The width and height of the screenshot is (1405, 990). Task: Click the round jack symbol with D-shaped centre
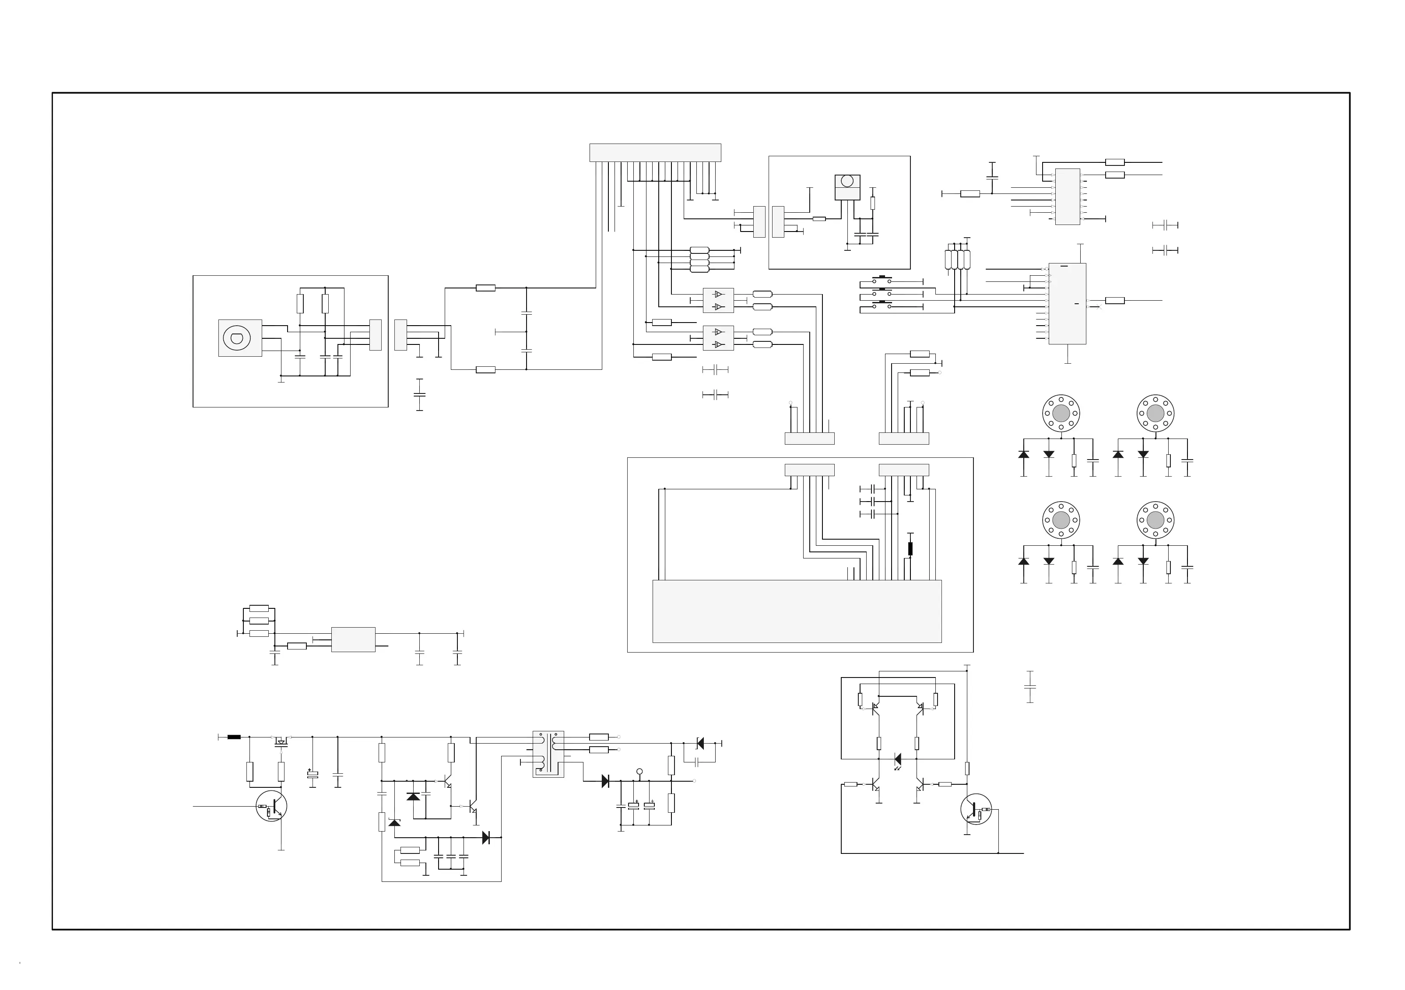237,338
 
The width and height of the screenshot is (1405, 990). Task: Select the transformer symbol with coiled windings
548,754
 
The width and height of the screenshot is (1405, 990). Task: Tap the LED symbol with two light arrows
898,760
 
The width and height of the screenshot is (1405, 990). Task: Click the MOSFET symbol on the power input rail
281,741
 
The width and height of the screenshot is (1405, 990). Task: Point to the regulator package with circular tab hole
847,187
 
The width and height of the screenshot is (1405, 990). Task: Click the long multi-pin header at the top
655,152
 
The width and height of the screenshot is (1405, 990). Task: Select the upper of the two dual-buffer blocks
718,300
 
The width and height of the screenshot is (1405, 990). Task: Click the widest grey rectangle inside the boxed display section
797,611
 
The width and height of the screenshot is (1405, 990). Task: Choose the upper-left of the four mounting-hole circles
1061,414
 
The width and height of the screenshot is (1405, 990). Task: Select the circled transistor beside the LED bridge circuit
976,809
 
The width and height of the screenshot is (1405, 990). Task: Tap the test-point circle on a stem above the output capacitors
640,772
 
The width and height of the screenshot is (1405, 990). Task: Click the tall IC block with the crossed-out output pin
1067,303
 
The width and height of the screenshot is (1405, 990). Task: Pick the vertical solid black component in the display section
910,549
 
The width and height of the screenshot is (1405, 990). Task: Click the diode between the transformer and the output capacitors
605,781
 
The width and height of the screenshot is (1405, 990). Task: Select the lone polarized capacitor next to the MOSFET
313,775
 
